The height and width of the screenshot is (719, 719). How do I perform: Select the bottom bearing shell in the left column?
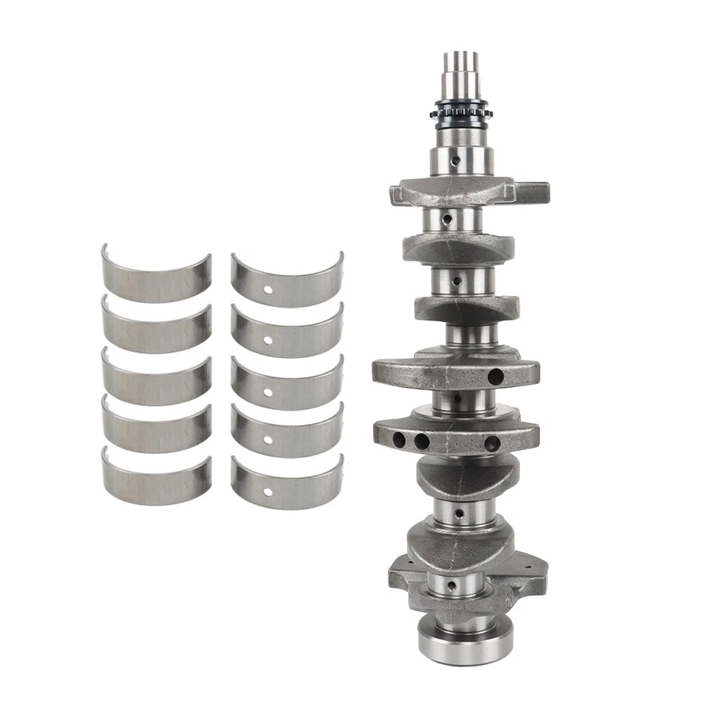(156, 480)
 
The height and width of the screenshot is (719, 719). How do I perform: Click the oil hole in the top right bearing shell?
(267, 290)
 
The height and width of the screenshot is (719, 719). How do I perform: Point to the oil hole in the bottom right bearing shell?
(267, 492)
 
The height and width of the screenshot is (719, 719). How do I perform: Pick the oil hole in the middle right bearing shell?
(267, 392)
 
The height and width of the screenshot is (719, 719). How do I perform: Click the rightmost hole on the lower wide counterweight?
(492, 443)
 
